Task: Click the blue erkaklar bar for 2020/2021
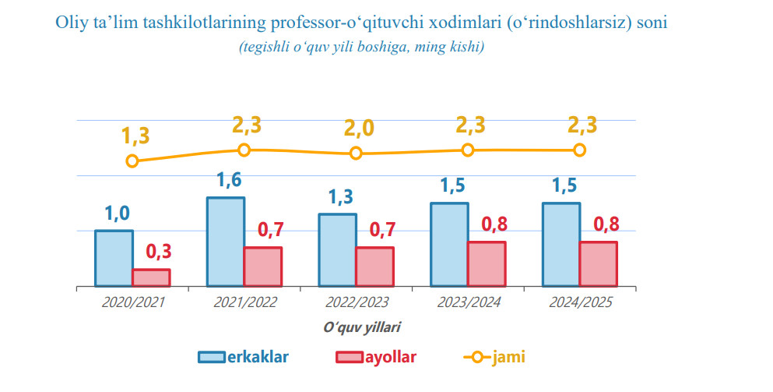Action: point(114,259)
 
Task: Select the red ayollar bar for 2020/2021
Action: point(151,278)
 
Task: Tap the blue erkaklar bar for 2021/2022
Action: point(226,242)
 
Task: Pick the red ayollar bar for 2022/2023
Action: point(374,267)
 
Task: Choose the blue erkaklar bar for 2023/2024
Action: point(449,245)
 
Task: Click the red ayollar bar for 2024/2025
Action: point(598,264)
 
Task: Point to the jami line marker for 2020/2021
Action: point(132,161)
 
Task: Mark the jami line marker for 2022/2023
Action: point(356,153)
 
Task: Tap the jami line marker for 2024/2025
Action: point(579,150)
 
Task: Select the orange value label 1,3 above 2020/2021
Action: point(135,136)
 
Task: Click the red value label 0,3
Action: point(158,252)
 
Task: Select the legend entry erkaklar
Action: point(244,357)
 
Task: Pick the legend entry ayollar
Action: point(376,357)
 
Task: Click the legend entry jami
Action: point(494,357)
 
